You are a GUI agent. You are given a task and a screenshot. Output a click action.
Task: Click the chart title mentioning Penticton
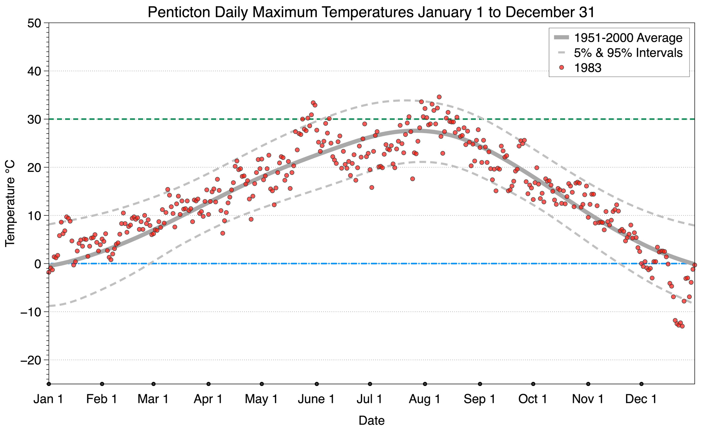coord(371,12)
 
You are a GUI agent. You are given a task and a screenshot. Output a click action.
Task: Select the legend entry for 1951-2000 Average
coord(628,38)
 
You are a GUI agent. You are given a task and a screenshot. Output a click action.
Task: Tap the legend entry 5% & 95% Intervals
coord(628,53)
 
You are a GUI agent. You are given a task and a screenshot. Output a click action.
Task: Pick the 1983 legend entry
coord(587,68)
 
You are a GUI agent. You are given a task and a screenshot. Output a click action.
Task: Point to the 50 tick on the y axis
coord(34,23)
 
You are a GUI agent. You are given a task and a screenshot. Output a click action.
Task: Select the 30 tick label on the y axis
coord(34,119)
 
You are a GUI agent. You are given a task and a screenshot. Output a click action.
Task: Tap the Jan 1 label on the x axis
coord(49,399)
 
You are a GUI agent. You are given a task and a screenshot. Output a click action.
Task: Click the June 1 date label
coord(316,399)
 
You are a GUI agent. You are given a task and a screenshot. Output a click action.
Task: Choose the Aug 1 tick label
coord(424,399)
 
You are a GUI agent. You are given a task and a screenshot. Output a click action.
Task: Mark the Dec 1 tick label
coord(641,399)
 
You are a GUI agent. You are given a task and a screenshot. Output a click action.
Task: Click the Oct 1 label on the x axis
coord(533,399)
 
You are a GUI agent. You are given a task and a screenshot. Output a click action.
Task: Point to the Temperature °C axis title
coord(10,204)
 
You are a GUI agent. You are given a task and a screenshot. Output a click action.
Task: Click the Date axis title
coord(371,421)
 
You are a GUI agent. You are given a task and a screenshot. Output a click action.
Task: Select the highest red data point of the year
coord(439,97)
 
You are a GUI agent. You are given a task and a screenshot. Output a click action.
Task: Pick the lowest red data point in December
coord(682,326)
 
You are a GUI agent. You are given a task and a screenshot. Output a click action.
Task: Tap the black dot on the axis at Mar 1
coord(154,384)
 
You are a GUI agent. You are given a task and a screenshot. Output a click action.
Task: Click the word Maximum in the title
coord(285,12)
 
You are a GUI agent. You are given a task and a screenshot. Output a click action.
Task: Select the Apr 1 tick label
coord(208,399)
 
